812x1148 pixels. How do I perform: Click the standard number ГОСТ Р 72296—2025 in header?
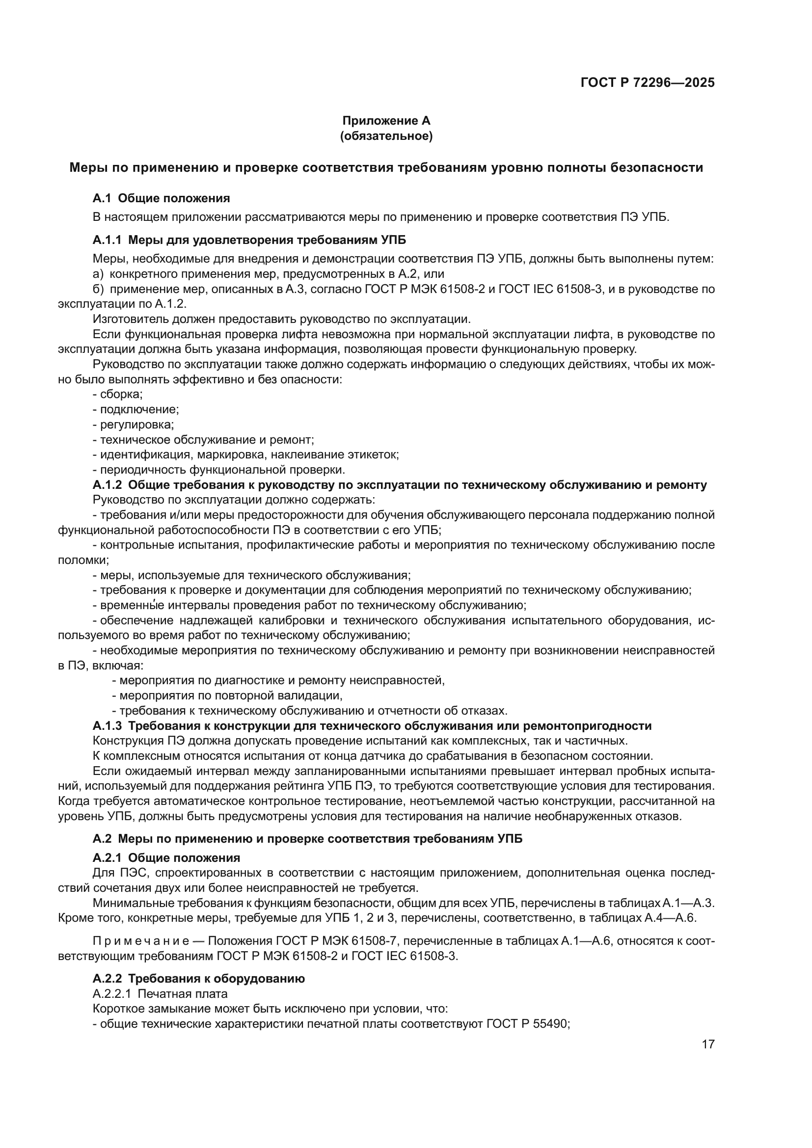point(648,83)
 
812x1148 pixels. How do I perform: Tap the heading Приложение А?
point(386,121)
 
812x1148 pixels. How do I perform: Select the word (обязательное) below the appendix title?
point(386,136)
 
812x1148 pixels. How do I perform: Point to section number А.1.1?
point(107,240)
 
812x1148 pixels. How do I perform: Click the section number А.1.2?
point(107,485)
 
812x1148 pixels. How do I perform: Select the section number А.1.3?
point(107,726)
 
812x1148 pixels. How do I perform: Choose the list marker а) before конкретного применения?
point(98,274)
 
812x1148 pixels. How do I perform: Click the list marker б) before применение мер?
point(98,289)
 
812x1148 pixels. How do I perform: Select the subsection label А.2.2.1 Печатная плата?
point(160,993)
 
